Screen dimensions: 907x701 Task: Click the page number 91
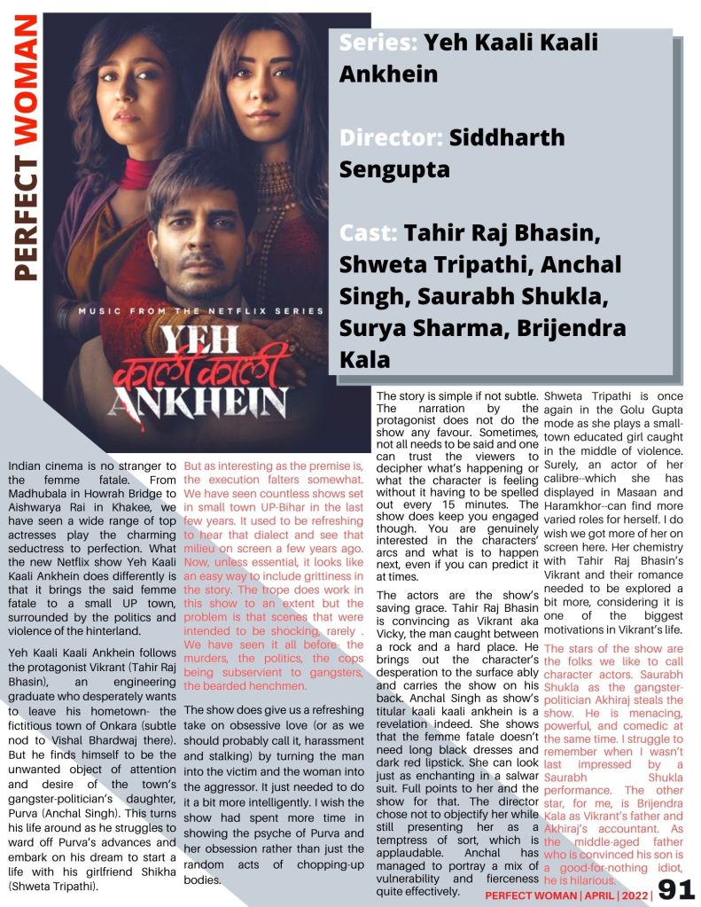tap(676, 890)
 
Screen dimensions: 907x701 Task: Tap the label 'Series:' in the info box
tap(378, 42)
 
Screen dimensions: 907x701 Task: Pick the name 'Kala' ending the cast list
tap(364, 359)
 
